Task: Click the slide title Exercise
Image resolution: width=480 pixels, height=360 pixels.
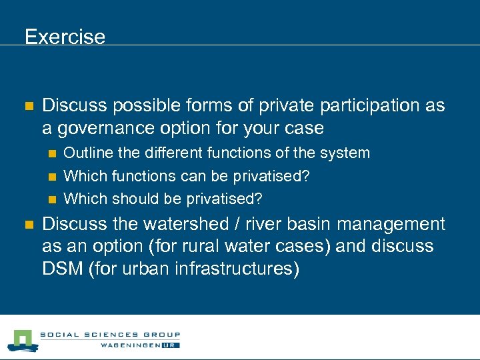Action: click(x=65, y=36)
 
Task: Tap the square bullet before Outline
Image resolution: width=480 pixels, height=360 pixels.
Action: click(x=52, y=154)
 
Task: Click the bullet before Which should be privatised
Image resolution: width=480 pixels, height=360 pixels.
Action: click(x=52, y=199)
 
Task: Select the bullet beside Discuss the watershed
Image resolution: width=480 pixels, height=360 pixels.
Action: click(x=29, y=225)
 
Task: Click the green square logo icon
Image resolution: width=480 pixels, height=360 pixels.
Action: click(x=23, y=341)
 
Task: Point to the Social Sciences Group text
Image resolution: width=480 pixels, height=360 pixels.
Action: click(x=110, y=335)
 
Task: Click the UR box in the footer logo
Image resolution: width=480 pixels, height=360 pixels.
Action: click(x=170, y=345)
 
